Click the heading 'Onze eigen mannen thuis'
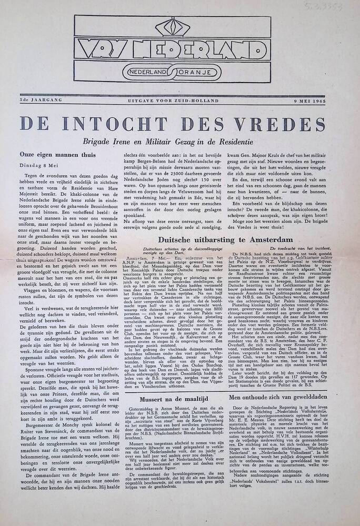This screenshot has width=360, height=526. pyautogui.click(x=57, y=155)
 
